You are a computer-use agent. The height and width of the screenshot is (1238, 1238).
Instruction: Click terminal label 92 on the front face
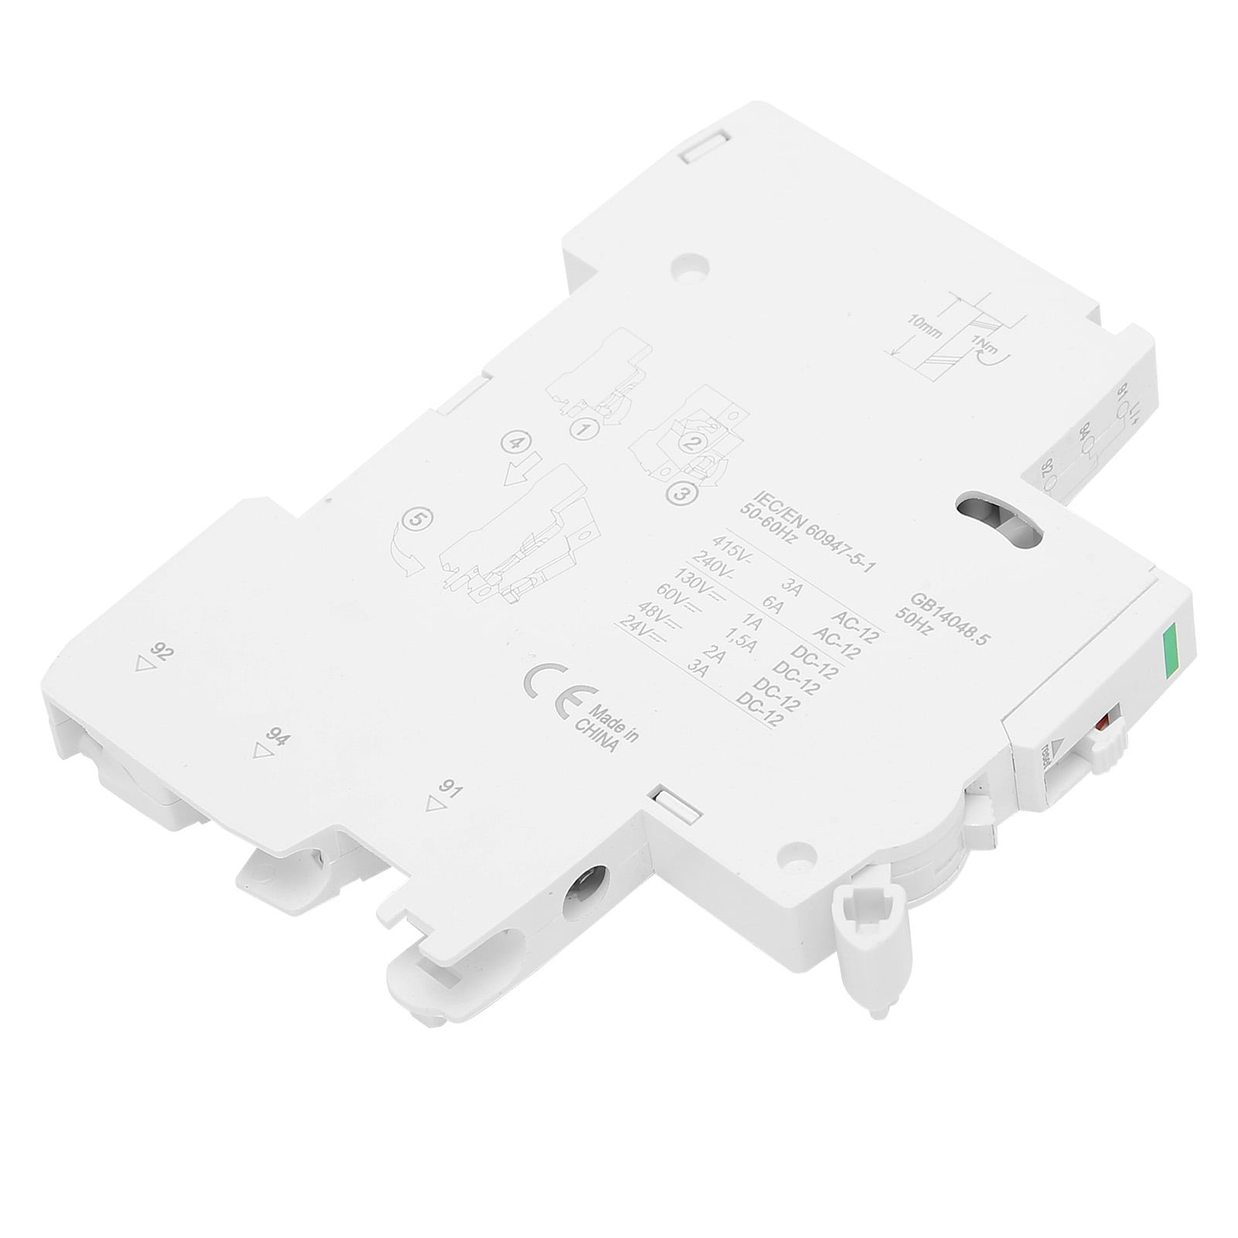(x=162, y=652)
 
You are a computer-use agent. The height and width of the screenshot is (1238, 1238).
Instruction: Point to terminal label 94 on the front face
(x=278, y=737)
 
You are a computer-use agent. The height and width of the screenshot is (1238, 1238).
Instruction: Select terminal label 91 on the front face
(x=448, y=789)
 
